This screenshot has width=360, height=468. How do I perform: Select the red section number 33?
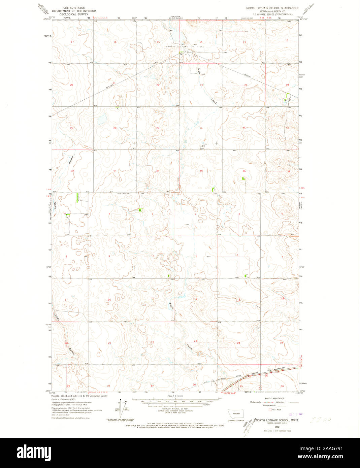coord(115,171)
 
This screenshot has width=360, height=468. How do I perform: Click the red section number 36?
coord(244,171)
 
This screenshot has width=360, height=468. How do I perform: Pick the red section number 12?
coord(236,255)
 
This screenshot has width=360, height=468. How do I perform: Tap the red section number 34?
coord(157,171)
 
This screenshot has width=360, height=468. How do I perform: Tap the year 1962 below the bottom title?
coord(277,427)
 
